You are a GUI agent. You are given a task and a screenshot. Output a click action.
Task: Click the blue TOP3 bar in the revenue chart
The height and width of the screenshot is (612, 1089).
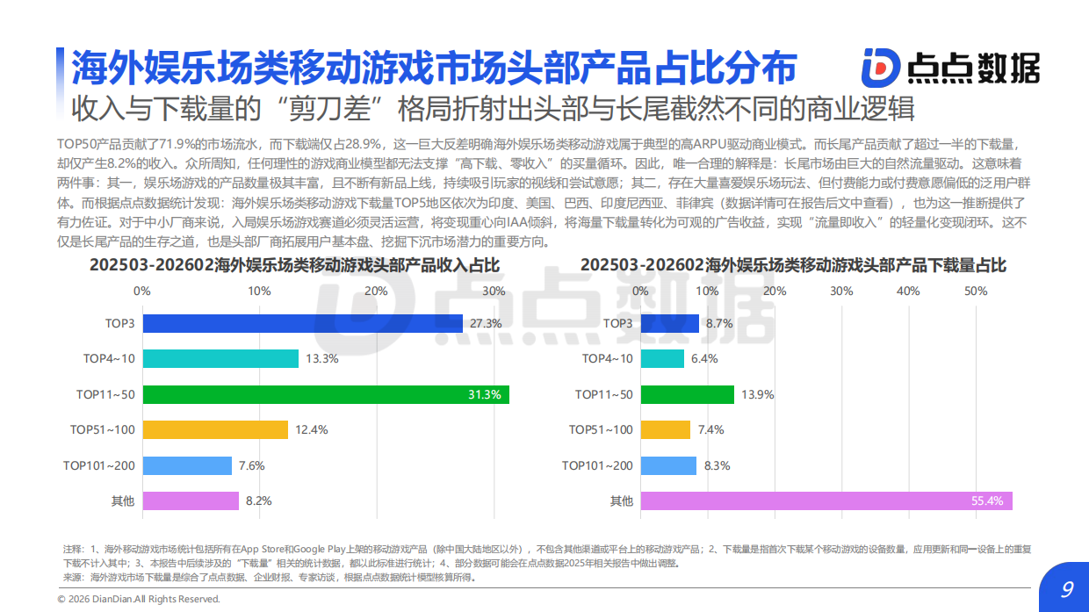click(302, 323)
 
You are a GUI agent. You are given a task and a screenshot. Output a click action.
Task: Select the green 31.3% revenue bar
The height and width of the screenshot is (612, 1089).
click(325, 394)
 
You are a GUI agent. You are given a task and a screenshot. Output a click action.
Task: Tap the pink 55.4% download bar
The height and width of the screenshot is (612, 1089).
click(826, 500)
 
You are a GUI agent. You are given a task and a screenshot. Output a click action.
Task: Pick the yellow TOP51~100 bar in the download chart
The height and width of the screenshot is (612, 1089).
click(666, 429)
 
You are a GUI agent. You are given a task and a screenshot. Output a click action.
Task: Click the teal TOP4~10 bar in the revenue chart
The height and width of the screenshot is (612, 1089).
click(220, 358)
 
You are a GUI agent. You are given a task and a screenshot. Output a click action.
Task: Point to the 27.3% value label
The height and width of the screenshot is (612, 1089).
click(486, 323)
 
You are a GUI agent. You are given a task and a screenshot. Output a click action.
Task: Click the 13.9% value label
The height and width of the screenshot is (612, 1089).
click(758, 394)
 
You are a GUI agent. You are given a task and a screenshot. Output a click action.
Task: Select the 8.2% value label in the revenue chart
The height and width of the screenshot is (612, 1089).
click(259, 500)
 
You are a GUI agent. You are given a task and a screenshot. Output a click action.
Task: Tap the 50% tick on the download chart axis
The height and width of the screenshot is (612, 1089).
click(976, 291)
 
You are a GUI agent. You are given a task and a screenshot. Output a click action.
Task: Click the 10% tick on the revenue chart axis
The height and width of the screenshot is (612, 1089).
click(259, 291)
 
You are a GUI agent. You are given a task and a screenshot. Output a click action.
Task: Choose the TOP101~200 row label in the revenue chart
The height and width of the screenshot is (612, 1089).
click(98, 465)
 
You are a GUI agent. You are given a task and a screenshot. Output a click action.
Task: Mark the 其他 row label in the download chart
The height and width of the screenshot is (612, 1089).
click(621, 500)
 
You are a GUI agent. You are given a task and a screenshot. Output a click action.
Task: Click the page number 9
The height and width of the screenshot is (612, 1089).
click(1067, 589)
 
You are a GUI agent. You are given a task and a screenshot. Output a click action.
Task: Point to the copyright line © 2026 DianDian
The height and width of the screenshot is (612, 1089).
click(139, 599)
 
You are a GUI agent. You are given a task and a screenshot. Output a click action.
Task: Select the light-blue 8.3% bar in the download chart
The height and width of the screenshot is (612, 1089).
click(668, 465)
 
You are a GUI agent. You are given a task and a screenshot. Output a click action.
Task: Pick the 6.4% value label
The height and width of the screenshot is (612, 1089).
click(704, 358)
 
